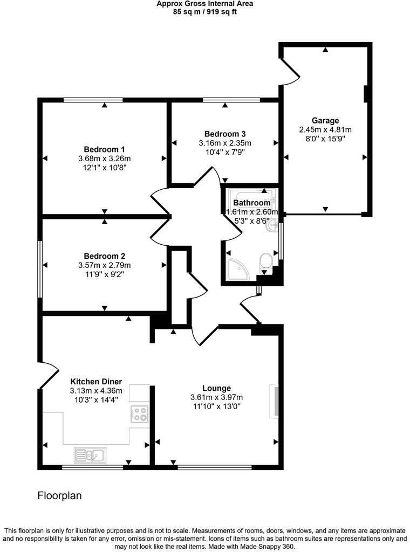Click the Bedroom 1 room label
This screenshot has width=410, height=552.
[104, 149]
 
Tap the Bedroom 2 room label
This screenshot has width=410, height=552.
[104, 256]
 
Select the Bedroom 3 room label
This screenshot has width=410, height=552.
[225, 134]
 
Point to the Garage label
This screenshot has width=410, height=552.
[325, 120]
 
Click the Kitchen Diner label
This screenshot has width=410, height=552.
[96, 381]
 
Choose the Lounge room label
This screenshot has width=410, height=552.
[216, 388]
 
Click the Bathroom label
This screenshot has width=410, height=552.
[251, 203]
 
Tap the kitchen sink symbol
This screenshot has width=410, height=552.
[90, 455]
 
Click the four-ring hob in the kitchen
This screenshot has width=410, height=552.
[139, 414]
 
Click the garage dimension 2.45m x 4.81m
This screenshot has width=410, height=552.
[325, 129]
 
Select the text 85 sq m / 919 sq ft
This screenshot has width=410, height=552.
[204, 11]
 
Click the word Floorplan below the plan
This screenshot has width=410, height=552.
[59, 495]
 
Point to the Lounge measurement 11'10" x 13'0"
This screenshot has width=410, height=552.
[216, 406]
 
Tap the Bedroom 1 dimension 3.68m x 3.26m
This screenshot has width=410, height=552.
[104, 158]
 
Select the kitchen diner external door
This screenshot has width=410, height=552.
[49, 374]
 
